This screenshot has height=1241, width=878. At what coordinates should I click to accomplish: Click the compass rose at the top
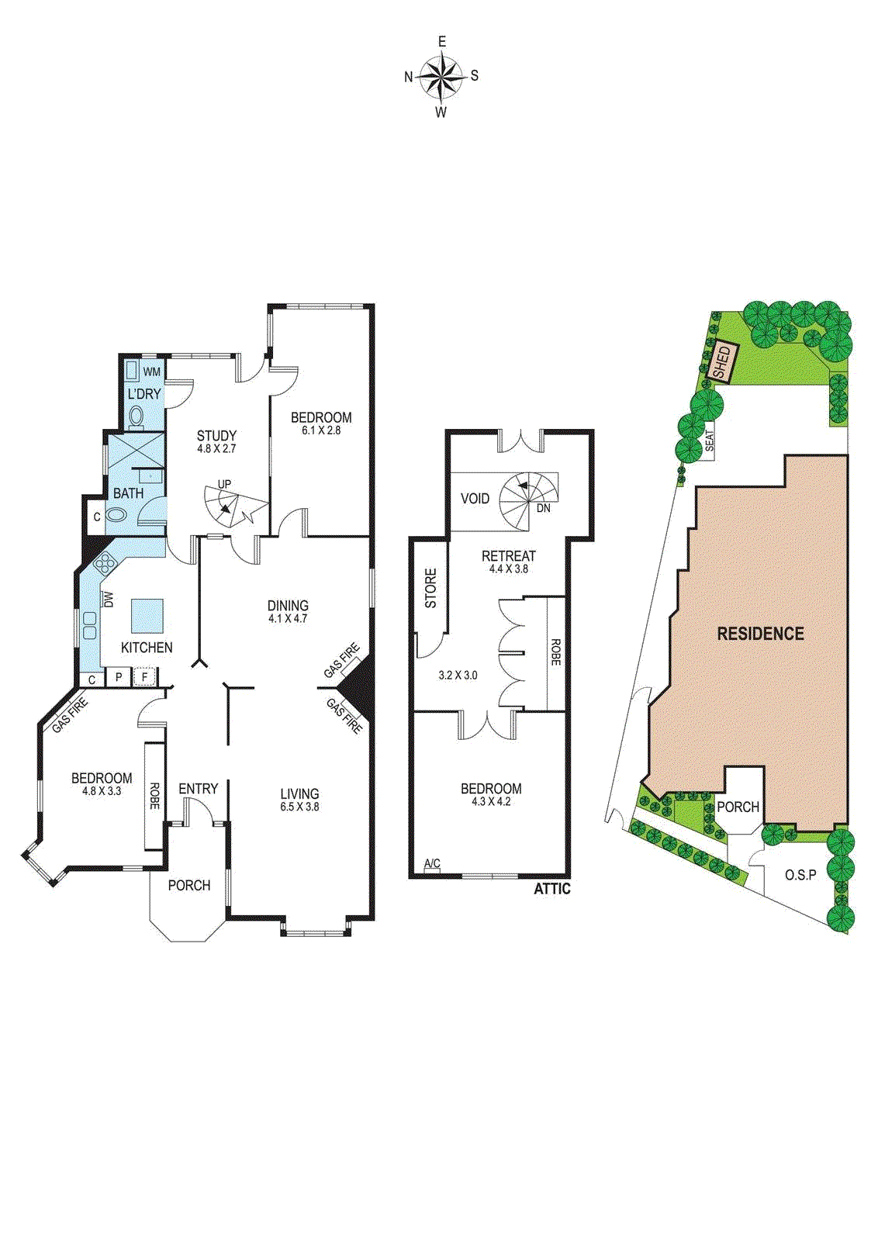pos(441,76)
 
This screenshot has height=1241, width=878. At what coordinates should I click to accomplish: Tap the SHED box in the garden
pos(722,362)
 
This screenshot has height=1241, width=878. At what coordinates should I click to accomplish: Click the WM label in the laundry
pos(152,372)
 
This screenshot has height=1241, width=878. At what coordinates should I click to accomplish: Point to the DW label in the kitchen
pos(109,600)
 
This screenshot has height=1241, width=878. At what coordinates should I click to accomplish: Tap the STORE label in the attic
pos(431,588)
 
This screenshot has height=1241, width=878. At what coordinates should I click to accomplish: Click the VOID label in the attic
pos(475,499)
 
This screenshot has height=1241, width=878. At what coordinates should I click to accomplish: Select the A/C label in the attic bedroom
pos(432,864)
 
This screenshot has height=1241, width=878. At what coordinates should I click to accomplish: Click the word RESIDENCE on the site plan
pos(760,634)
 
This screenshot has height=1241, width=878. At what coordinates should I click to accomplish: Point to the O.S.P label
pos(800,875)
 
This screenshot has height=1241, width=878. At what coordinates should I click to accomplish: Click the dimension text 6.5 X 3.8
pos(300,807)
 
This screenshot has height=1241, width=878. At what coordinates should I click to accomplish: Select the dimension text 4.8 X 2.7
pos(216,448)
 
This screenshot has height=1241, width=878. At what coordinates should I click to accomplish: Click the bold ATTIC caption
pos(552,889)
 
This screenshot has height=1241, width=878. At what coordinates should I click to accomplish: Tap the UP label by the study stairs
pos(224,485)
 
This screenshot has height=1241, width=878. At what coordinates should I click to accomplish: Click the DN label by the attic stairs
pos(543,508)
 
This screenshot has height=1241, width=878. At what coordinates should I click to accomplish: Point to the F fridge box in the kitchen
pos(144,677)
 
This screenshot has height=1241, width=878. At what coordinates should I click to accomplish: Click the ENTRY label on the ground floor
pos(198,789)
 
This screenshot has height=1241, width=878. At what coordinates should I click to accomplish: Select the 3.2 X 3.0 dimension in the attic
pos(458,676)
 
